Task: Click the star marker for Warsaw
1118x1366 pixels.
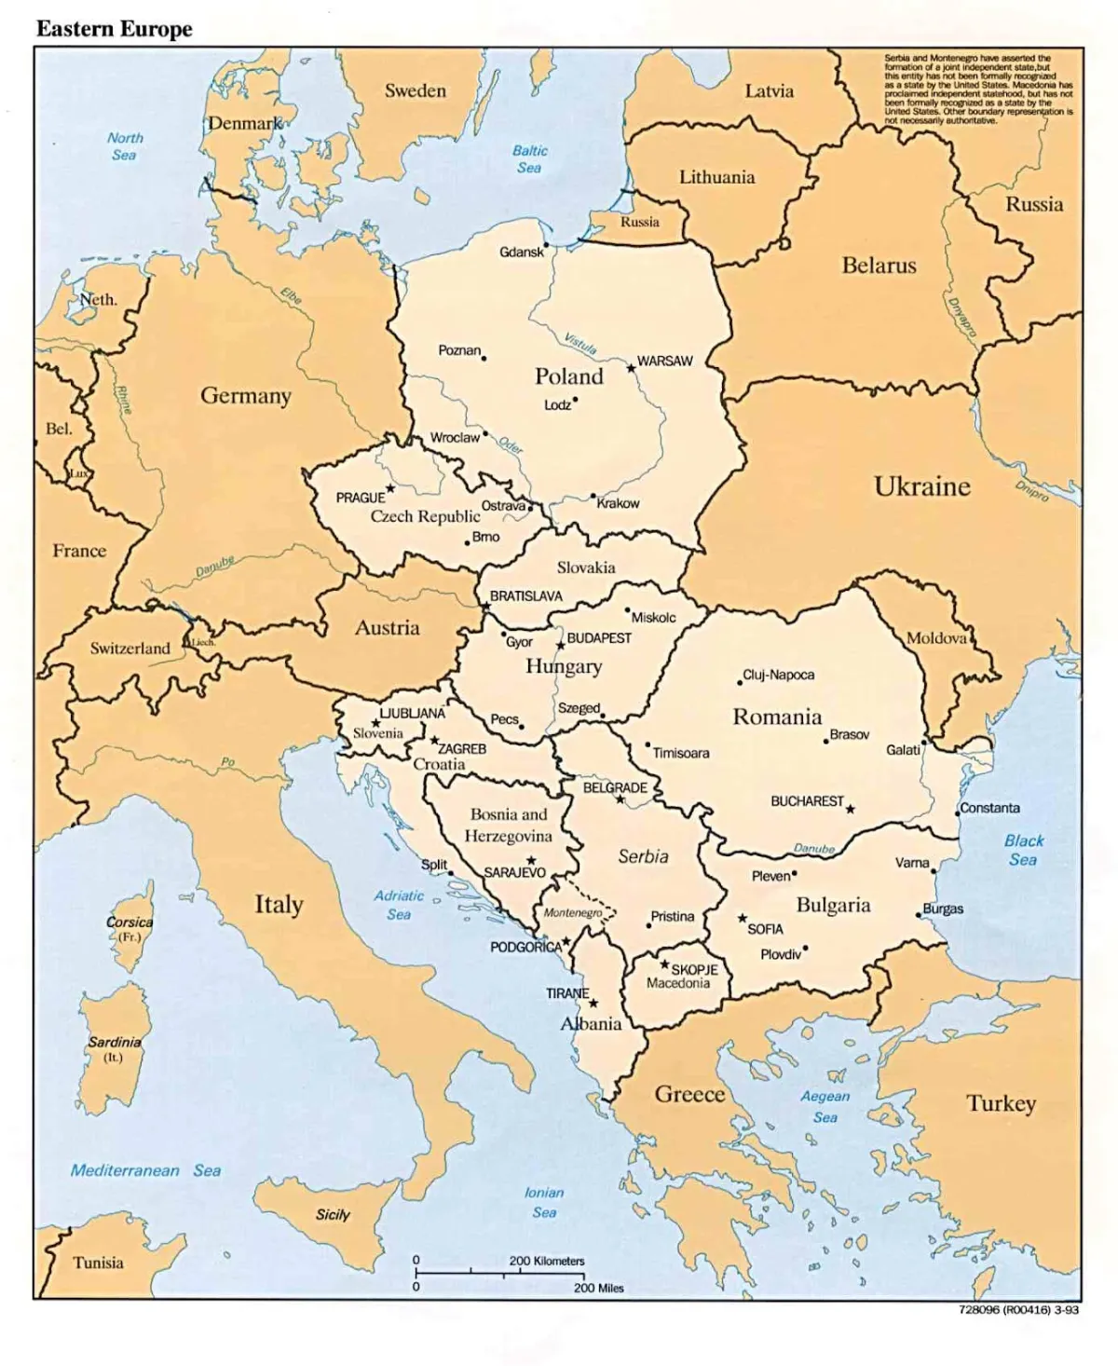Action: pos(631,369)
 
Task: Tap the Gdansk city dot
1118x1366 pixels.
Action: pos(547,248)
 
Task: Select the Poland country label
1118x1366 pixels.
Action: pos(568,376)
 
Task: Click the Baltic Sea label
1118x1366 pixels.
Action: pos(529,159)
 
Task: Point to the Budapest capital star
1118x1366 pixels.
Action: pos(560,645)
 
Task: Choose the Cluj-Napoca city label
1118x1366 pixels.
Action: pos(779,675)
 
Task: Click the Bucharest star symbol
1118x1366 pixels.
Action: pos(850,809)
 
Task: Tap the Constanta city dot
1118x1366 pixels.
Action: pos(957,813)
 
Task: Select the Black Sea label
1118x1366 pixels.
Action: pos(1023,850)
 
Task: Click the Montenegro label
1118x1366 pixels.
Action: pos(573,913)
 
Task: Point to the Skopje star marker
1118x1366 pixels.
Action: pos(665,963)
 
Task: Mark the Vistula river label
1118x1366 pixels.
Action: pos(579,343)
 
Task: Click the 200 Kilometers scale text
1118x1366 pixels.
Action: pos(547,1261)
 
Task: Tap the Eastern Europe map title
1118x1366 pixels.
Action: pos(115,29)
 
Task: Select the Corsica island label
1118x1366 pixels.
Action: pos(130,922)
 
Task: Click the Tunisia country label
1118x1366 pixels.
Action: pos(98,1263)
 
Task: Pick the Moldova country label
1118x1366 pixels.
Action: pos(936,638)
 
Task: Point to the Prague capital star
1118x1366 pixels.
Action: pos(390,488)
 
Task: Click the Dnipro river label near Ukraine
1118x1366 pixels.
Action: pos(1032,491)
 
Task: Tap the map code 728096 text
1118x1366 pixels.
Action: pos(1017,1309)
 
